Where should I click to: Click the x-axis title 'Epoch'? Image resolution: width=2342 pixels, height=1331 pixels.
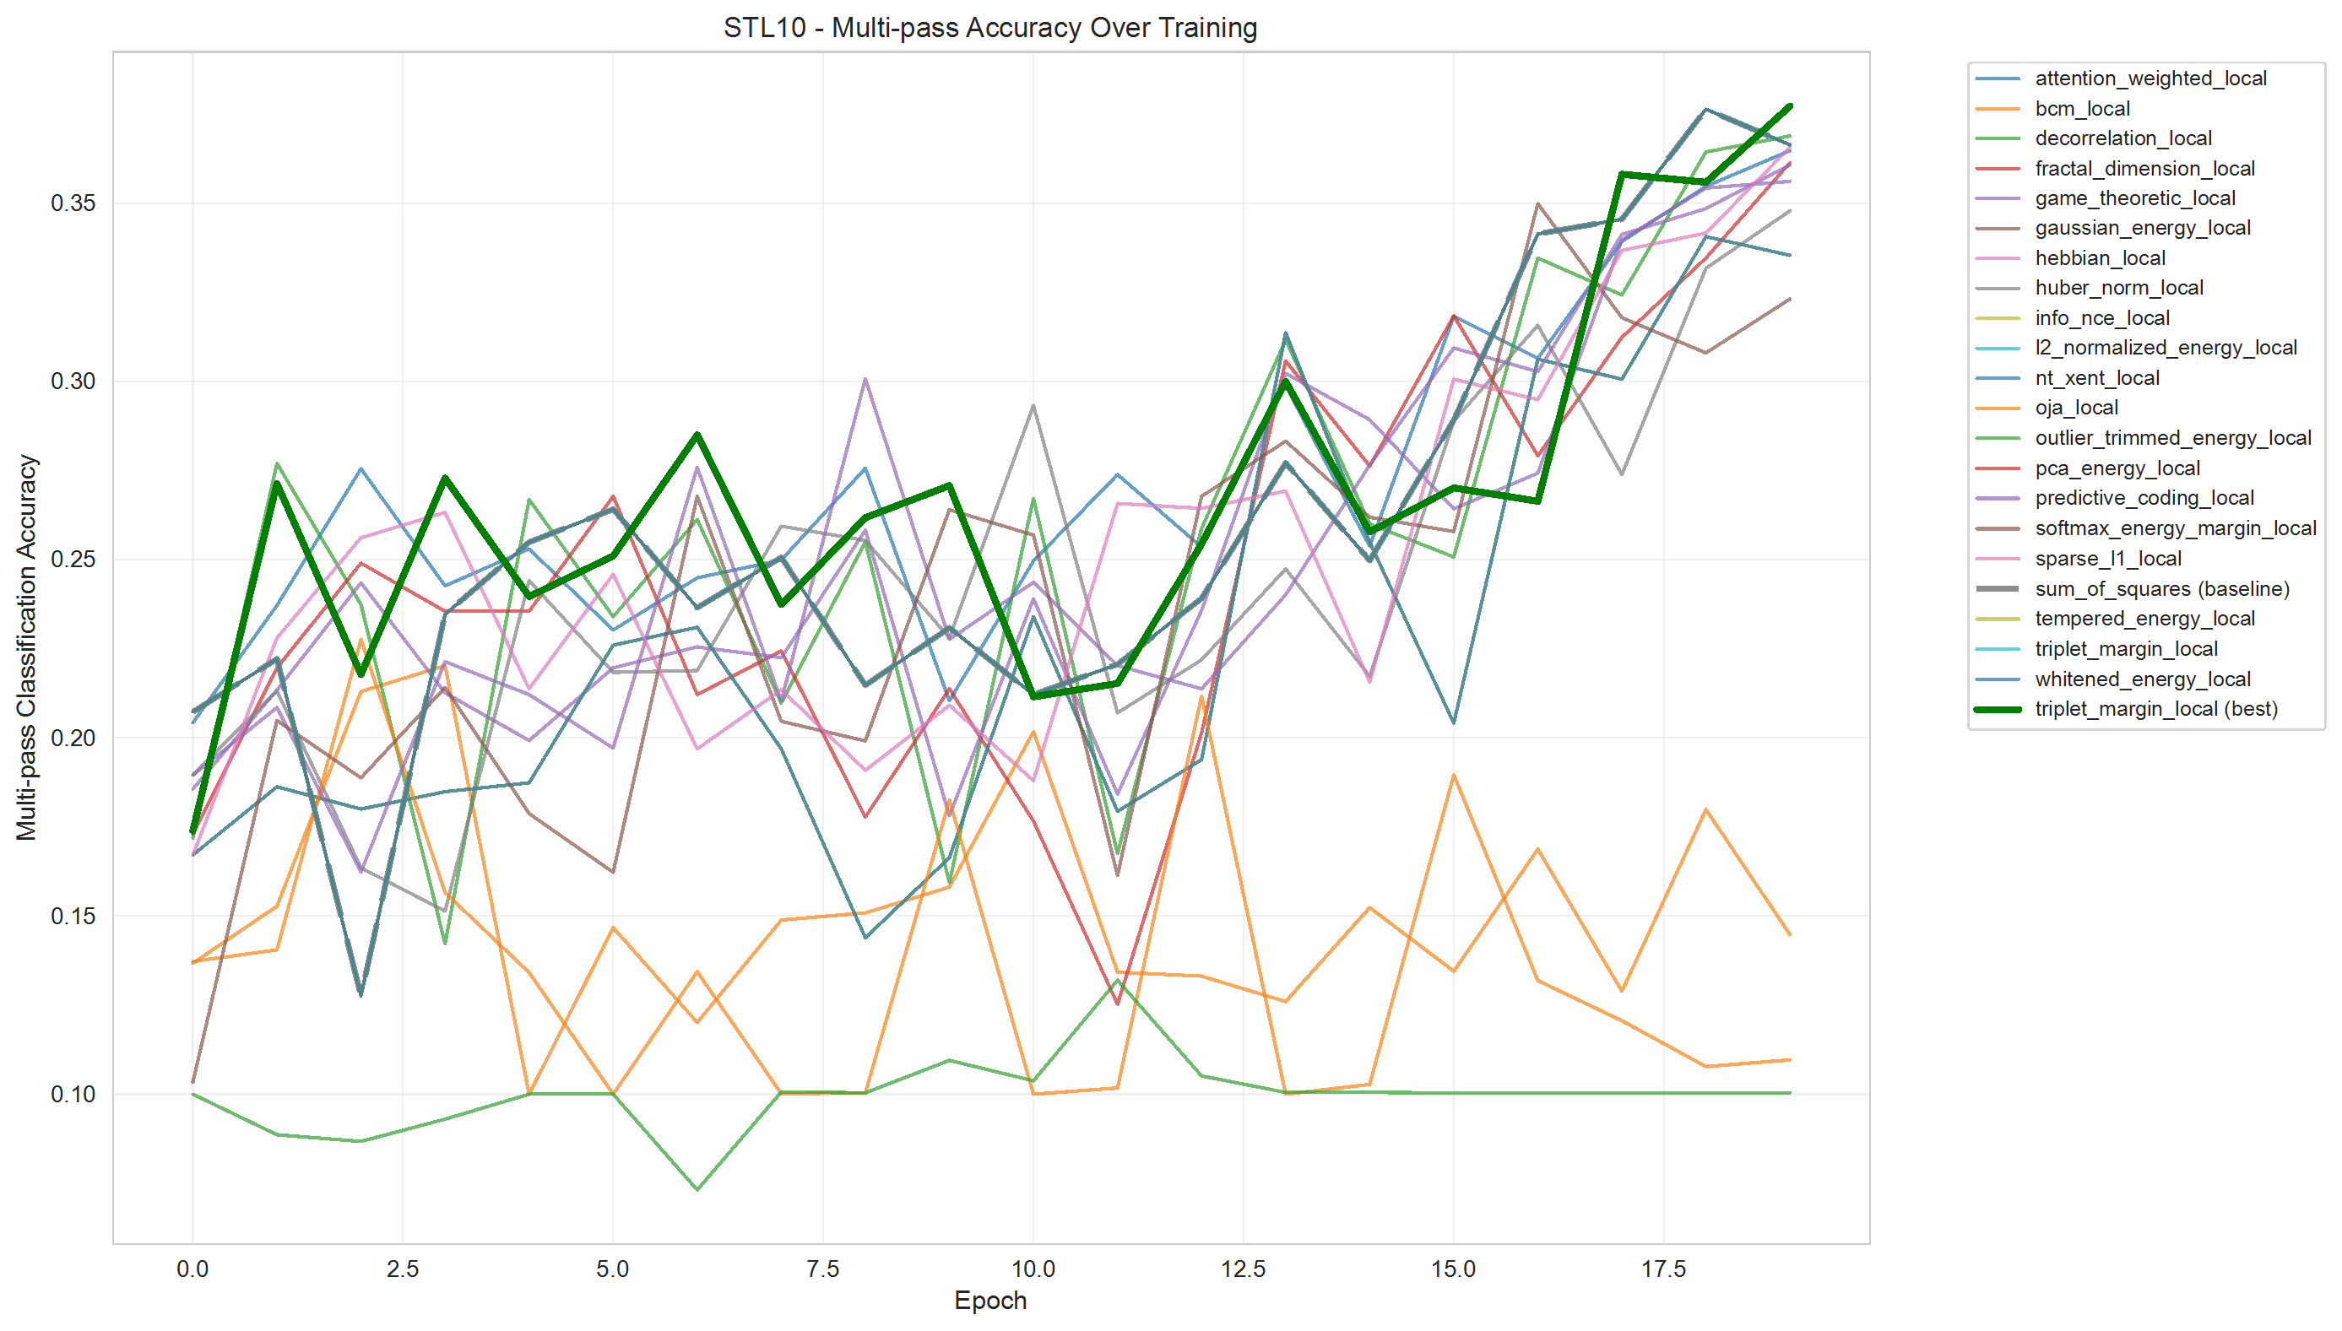point(990,1300)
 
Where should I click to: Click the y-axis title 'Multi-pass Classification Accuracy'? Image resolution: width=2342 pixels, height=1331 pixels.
point(26,647)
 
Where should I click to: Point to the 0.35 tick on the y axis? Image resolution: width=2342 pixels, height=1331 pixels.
point(73,203)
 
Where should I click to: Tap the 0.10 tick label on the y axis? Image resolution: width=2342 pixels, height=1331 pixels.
point(73,1094)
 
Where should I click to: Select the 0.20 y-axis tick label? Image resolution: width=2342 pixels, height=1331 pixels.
point(73,738)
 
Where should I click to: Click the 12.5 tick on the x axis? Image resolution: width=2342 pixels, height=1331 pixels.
point(1244,1269)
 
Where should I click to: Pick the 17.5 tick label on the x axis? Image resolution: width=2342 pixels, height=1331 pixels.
point(1663,1269)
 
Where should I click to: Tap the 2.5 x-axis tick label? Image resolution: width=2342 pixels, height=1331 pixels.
point(402,1269)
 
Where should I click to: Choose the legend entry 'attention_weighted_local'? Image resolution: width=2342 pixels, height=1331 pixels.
point(2150,78)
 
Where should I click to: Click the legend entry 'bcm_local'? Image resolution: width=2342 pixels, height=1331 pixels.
point(2081,109)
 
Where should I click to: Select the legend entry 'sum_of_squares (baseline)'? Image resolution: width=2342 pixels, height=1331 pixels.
point(2161,589)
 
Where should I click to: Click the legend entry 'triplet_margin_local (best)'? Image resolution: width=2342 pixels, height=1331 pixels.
point(2155,709)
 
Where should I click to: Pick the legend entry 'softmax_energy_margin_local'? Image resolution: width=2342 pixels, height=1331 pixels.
point(2175,528)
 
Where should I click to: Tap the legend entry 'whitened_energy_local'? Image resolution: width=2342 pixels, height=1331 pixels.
point(2142,679)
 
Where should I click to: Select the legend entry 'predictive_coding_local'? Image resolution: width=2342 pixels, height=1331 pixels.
point(2144,498)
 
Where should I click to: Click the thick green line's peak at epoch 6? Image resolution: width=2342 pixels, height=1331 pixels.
point(697,436)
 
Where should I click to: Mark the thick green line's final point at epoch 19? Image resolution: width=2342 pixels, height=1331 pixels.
point(1790,107)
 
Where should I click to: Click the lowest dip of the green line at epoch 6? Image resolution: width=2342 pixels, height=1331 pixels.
point(697,1189)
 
